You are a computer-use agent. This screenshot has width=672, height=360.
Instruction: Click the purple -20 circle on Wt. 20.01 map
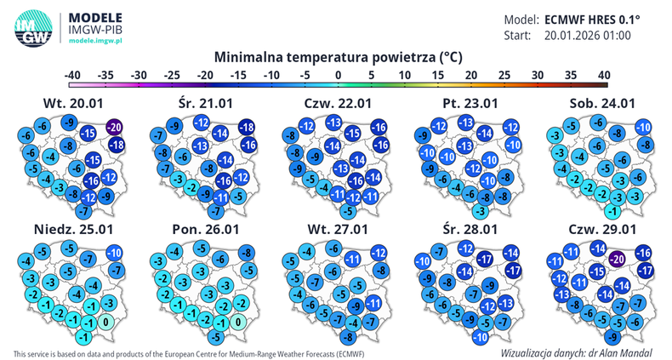tap(115, 127)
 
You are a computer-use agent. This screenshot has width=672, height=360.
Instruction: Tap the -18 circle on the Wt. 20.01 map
tap(116, 146)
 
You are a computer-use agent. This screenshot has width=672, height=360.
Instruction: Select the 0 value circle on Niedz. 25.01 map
tap(105, 323)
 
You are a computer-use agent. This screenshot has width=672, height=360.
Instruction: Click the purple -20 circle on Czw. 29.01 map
tap(618, 259)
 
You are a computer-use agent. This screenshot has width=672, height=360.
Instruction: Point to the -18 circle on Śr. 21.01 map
tap(248, 128)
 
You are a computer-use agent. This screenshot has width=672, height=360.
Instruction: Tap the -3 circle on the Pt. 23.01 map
tap(481, 210)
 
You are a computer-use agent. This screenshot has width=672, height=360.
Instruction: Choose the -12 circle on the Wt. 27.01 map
tap(379, 253)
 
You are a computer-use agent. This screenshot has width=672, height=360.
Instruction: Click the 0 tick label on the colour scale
tap(339, 75)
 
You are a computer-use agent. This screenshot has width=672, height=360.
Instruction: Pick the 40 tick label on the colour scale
tap(603, 75)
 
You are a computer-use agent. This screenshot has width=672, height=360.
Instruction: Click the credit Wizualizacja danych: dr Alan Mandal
tap(576, 351)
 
